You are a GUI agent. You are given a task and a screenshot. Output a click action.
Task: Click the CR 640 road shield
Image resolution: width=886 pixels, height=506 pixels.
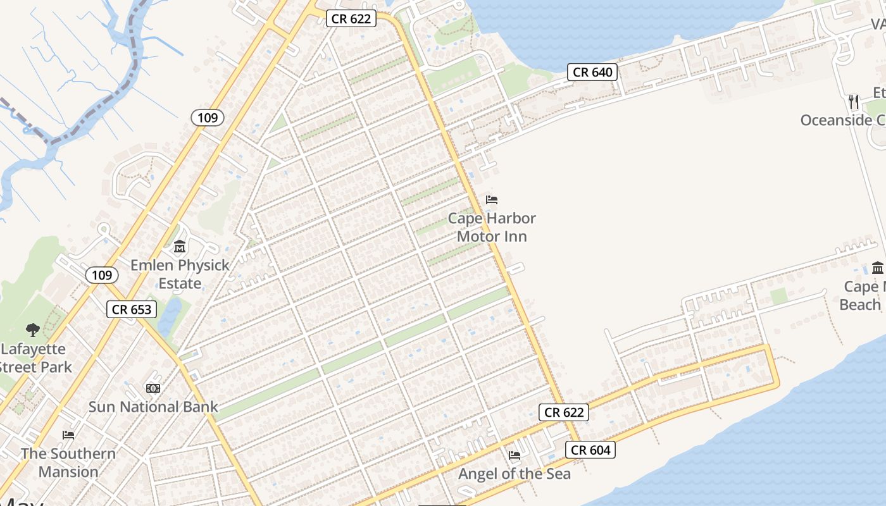pyautogui.click(x=592, y=72)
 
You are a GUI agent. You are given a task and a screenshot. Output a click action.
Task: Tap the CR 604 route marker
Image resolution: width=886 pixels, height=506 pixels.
pyautogui.click(x=590, y=450)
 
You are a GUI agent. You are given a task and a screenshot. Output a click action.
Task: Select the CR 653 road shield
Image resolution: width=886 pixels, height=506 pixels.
pyautogui.click(x=132, y=309)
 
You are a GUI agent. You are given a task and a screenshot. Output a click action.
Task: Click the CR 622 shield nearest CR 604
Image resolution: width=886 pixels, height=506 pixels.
pyautogui.click(x=564, y=412)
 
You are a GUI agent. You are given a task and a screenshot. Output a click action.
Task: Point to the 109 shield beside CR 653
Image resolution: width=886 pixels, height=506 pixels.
pyautogui.click(x=101, y=275)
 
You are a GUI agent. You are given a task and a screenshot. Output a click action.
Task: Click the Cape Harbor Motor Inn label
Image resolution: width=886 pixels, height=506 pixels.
pyautogui.click(x=492, y=227)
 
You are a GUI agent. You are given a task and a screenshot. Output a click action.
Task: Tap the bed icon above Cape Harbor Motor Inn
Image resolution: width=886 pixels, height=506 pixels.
pyautogui.click(x=492, y=200)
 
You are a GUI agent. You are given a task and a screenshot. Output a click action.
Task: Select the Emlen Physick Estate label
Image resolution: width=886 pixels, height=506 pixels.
pyautogui.click(x=180, y=274)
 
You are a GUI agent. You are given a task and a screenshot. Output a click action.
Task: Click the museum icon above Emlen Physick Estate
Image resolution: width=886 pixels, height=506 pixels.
pyautogui.click(x=180, y=246)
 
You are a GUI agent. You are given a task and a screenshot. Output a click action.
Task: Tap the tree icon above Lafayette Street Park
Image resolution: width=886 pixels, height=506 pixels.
pyautogui.click(x=32, y=330)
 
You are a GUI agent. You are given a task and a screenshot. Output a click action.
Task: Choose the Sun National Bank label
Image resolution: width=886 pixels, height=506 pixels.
pyautogui.click(x=153, y=407)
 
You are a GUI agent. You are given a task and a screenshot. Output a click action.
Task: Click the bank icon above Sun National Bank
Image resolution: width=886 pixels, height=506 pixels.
pyautogui.click(x=153, y=388)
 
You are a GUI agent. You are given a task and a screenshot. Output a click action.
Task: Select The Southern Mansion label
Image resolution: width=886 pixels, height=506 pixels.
pyautogui.click(x=68, y=462)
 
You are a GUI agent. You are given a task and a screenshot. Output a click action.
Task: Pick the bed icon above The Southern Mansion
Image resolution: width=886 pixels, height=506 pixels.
pyautogui.click(x=68, y=435)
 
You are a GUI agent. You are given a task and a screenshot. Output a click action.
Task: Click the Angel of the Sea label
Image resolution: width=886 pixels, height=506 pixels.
pyautogui.click(x=514, y=474)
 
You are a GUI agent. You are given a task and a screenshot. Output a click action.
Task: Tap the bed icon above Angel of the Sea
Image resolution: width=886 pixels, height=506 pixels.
pyautogui.click(x=515, y=455)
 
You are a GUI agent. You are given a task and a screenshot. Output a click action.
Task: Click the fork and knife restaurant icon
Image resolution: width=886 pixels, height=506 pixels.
pyautogui.click(x=854, y=101)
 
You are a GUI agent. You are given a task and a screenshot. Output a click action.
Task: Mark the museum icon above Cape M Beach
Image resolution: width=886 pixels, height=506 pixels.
pyautogui.click(x=878, y=268)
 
